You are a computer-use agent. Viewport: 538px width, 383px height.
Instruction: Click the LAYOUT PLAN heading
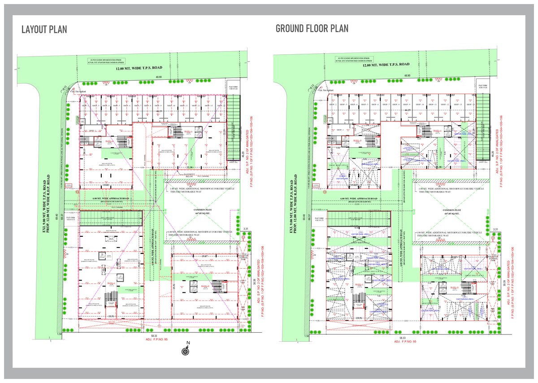point(44,30)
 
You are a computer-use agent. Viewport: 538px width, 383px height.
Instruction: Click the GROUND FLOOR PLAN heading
point(312,29)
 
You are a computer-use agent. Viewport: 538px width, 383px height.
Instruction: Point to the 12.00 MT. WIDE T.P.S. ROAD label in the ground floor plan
point(386,65)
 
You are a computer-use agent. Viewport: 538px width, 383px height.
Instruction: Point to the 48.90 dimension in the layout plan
point(158,77)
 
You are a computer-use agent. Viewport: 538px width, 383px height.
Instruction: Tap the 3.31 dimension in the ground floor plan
point(495,230)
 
